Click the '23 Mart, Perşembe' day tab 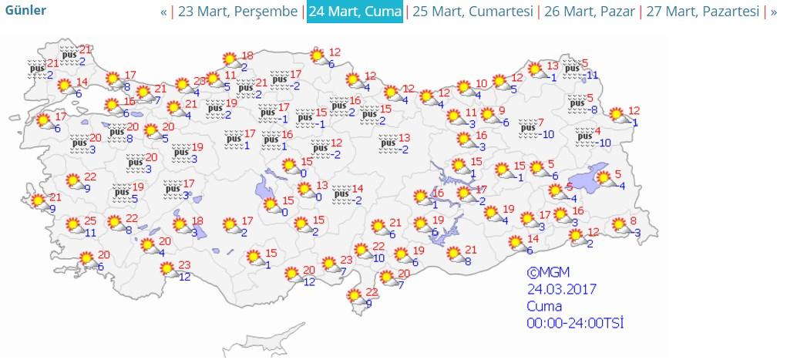(237, 12)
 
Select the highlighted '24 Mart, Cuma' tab (355, 12)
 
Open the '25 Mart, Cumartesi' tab (471, 12)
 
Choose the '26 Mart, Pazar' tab (590, 12)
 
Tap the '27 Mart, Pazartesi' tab (701, 12)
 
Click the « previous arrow (163, 12)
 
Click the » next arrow (774, 12)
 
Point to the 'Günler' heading (25, 11)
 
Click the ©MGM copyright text (547, 272)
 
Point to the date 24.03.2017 (562, 289)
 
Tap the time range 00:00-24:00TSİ (574, 322)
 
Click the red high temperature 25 (91, 220)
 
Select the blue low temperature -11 (591, 75)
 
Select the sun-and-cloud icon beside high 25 (73, 225)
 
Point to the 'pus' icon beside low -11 (571, 68)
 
